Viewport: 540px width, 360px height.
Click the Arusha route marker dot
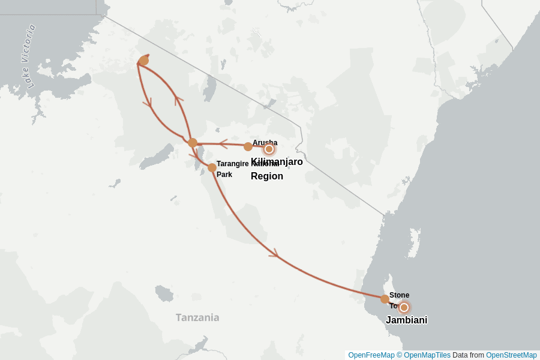click(x=248, y=146)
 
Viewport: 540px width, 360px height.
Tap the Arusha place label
click(x=265, y=142)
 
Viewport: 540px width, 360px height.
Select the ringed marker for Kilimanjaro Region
click(x=269, y=149)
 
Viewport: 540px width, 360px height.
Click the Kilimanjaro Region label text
click(x=276, y=169)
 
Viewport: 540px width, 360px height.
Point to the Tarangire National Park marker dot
click(x=212, y=167)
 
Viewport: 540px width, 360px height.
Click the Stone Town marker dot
click(x=385, y=299)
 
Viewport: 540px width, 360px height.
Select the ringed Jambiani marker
click(x=404, y=307)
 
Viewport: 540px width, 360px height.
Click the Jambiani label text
click(x=406, y=320)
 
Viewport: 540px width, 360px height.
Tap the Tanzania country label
click(x=197, y=317)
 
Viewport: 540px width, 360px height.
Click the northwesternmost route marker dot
click(x=143, y=61)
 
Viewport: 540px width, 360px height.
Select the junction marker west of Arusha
click(x=193, y=143)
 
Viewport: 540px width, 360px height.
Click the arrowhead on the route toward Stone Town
click(x=274, y=254)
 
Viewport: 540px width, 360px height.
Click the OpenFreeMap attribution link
click(x=371, y=355)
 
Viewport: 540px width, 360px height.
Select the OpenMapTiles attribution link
click(x=427, y=355)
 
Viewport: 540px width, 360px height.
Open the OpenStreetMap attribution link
click(x=511, y=355)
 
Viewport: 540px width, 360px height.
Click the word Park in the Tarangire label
click(x=224, y=175)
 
